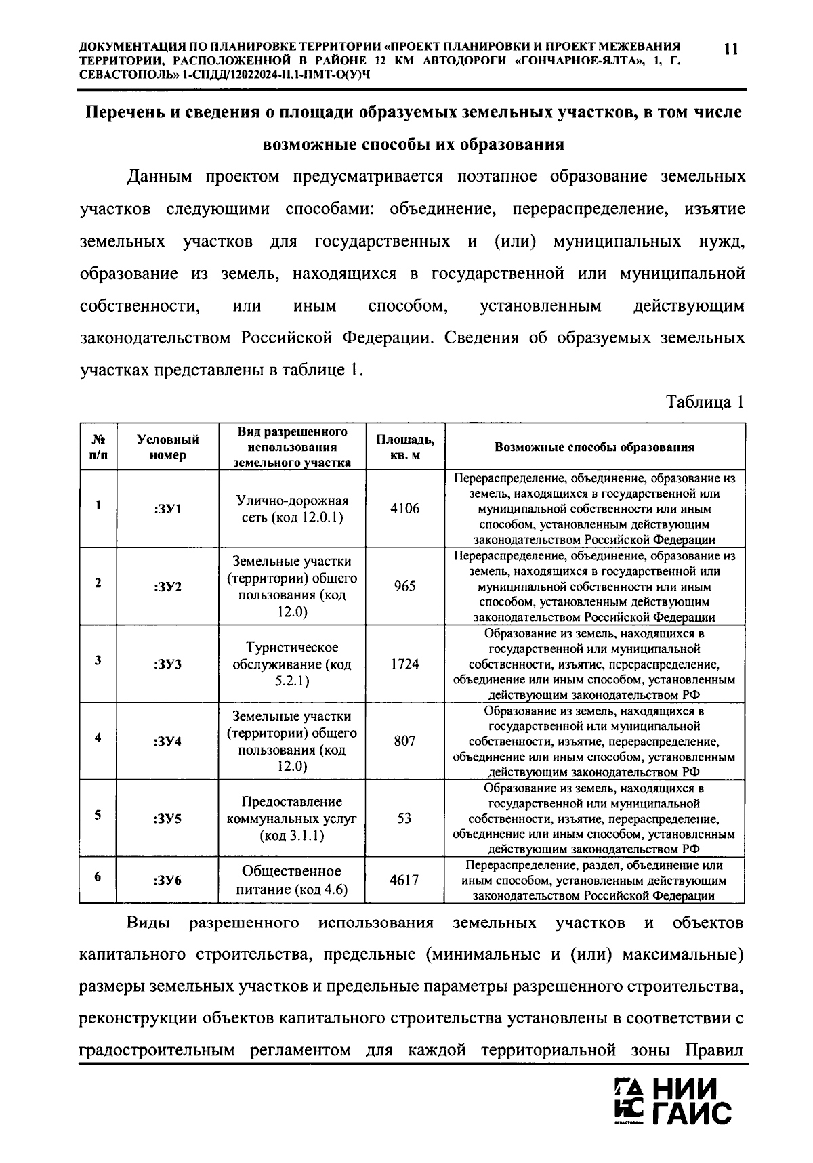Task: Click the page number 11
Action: (731, 49)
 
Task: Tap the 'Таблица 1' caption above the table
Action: (705, 402)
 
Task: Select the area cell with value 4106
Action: (404, 509)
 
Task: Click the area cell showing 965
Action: (404, 586)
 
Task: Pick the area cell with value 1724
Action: (404, 664)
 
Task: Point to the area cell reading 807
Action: (404, 741)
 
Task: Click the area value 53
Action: (404, 818)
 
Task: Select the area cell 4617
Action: (404, 880)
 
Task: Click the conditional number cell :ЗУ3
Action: (167, 664)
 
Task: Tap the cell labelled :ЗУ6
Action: (167, 880)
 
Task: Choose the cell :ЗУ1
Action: (167, 509)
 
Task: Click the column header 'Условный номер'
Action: (167, 447)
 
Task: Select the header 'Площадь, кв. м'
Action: (405, 447)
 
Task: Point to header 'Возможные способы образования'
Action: (594, 447)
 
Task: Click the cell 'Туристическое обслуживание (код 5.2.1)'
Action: (292, 664)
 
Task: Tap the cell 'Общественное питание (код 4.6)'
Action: (292, 880)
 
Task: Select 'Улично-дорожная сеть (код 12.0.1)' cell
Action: (292, 509)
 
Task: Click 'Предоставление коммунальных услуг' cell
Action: (292, 818)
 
